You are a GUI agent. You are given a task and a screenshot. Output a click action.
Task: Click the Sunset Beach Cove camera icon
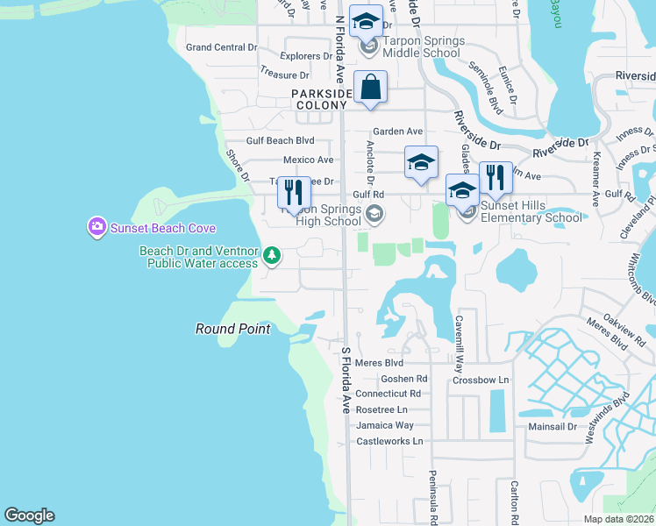[x=96, y=228]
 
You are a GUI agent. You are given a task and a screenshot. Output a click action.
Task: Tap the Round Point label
[x=232, y=329]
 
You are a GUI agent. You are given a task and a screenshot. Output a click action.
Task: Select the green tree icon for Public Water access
[x=273, y=256]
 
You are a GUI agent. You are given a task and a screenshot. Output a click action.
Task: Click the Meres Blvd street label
[x=380, y=362]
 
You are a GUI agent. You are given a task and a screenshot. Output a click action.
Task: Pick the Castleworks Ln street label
[x=389, y=441]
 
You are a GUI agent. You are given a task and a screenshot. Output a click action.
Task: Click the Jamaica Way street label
[x=385, y=425]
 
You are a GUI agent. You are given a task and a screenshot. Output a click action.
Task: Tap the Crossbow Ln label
[x=481, y=380]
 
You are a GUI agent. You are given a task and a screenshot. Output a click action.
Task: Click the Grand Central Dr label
[x=221, y=46]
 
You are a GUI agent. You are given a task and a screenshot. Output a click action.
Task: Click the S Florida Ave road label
[x=346, y=380]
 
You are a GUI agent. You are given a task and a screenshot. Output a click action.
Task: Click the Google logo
[x=29, y=515]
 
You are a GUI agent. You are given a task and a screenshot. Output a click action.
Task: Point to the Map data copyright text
[x=617, y=519]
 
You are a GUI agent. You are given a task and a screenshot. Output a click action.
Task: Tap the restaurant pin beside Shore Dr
[x=294, y=193]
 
